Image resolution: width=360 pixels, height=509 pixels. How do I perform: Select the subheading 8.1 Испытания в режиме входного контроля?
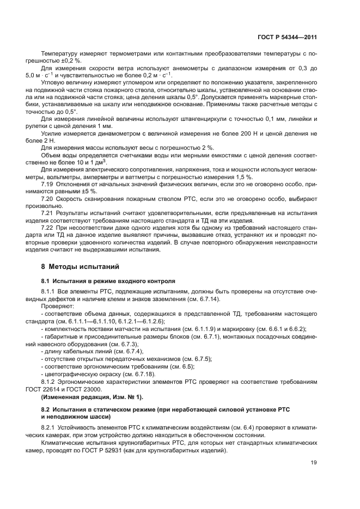[108, 281]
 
